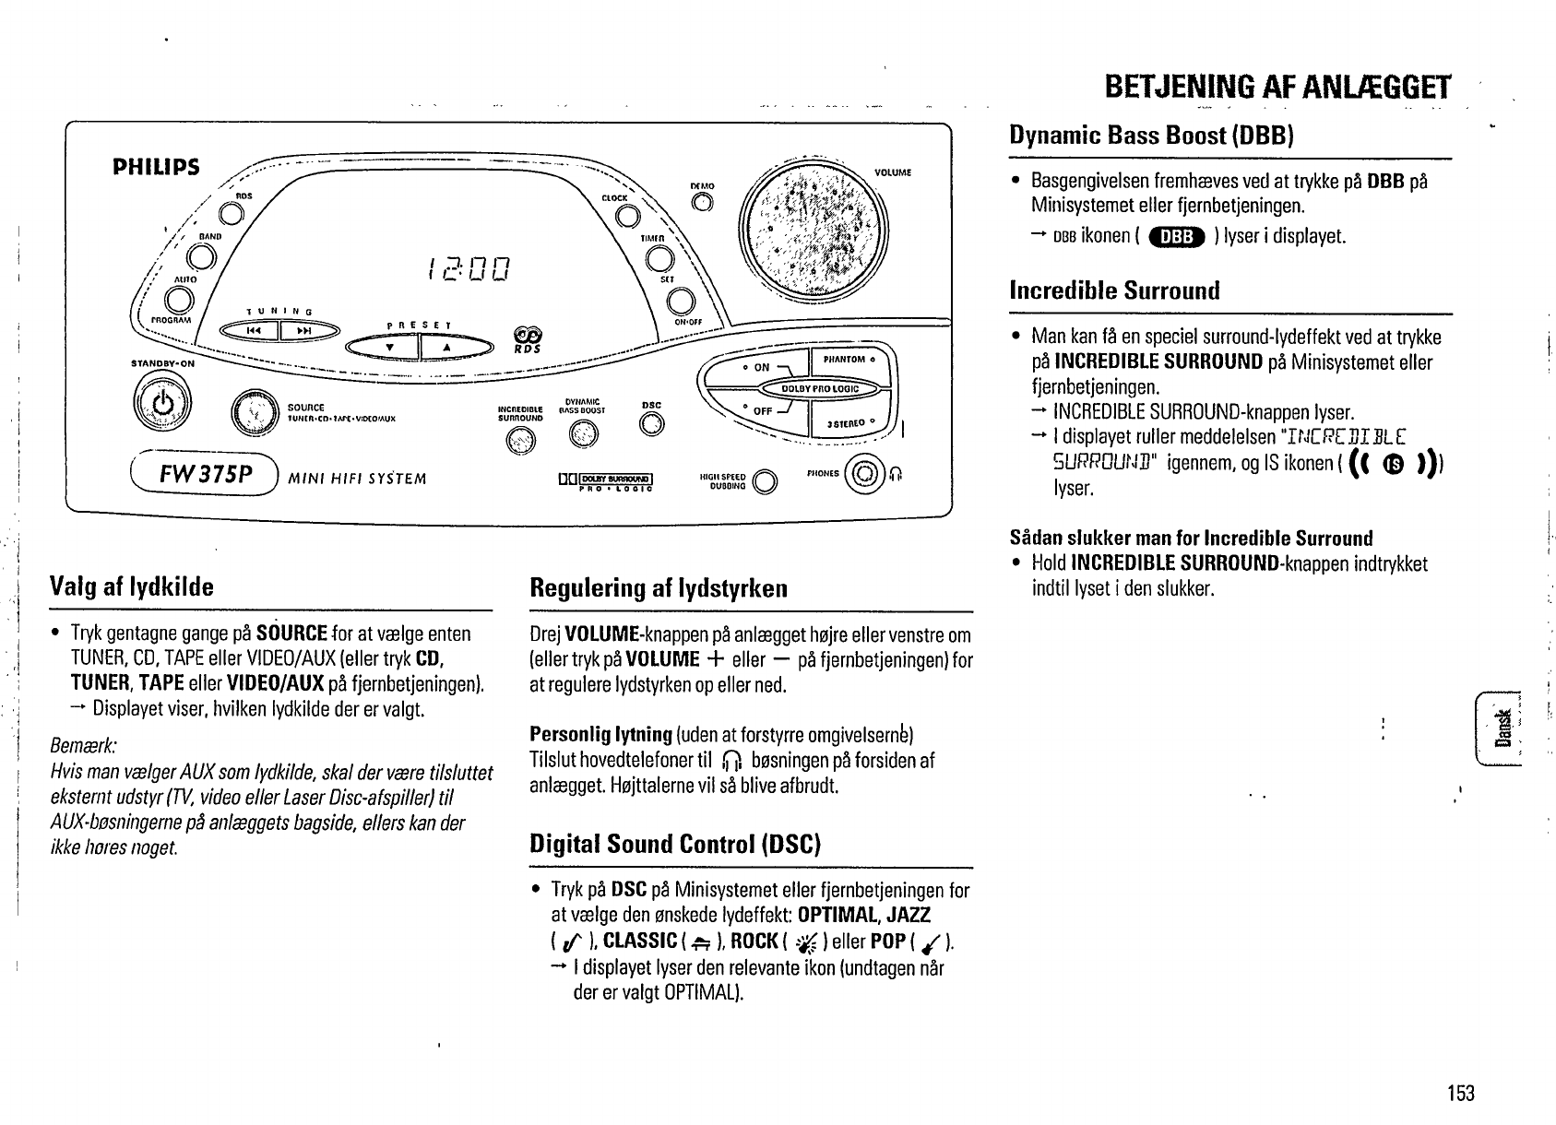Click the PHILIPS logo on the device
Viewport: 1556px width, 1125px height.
155,167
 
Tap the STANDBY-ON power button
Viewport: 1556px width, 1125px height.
162,404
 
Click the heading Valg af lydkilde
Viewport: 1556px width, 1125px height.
132,587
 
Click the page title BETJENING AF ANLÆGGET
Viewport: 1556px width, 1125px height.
1277,88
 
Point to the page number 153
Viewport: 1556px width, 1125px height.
1460,1094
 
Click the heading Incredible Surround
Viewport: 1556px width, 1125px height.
1114,291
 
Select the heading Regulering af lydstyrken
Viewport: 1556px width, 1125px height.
659,587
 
